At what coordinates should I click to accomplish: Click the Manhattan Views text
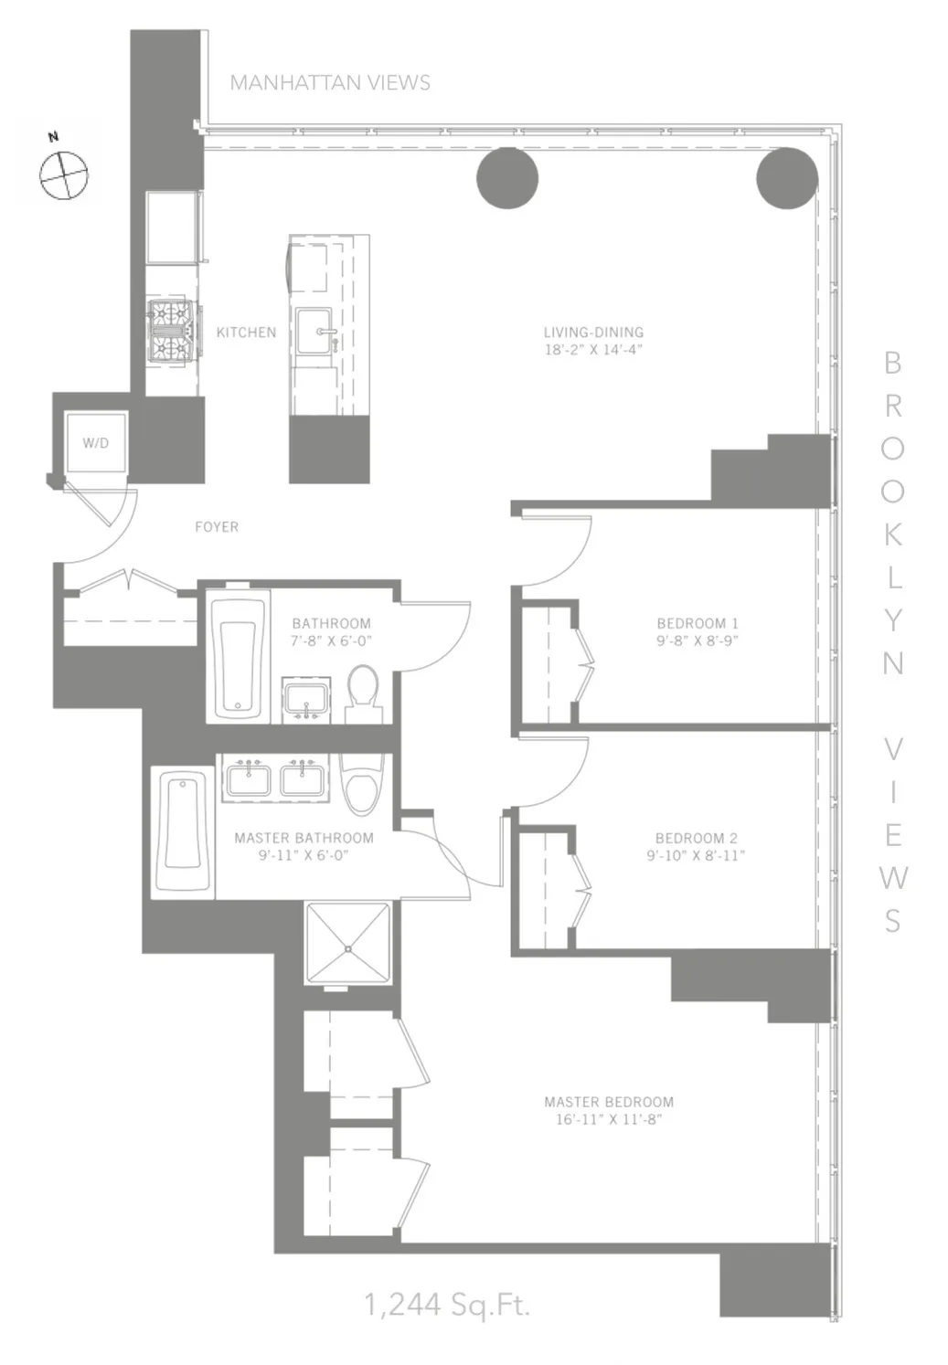tap(330, 83)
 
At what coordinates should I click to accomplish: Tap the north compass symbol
tap(64, 174)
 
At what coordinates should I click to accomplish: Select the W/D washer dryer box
tap(95, 443)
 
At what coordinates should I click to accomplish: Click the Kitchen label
tap(246, 333)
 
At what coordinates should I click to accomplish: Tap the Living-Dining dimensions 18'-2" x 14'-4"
tap(593, 350)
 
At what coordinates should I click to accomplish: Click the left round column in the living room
tap(507, 177)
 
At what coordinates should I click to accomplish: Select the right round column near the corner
tap(786, 177)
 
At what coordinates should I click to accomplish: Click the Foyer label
tap(217, 527)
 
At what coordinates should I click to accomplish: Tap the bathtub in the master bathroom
tap(183, 831)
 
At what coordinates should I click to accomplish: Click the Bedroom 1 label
tap(697, 624)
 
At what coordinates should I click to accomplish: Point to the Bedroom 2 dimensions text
tap(696, 856)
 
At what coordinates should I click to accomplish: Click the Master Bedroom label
tap(609, 1103)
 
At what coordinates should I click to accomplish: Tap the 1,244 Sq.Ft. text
tap(447, 1305)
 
